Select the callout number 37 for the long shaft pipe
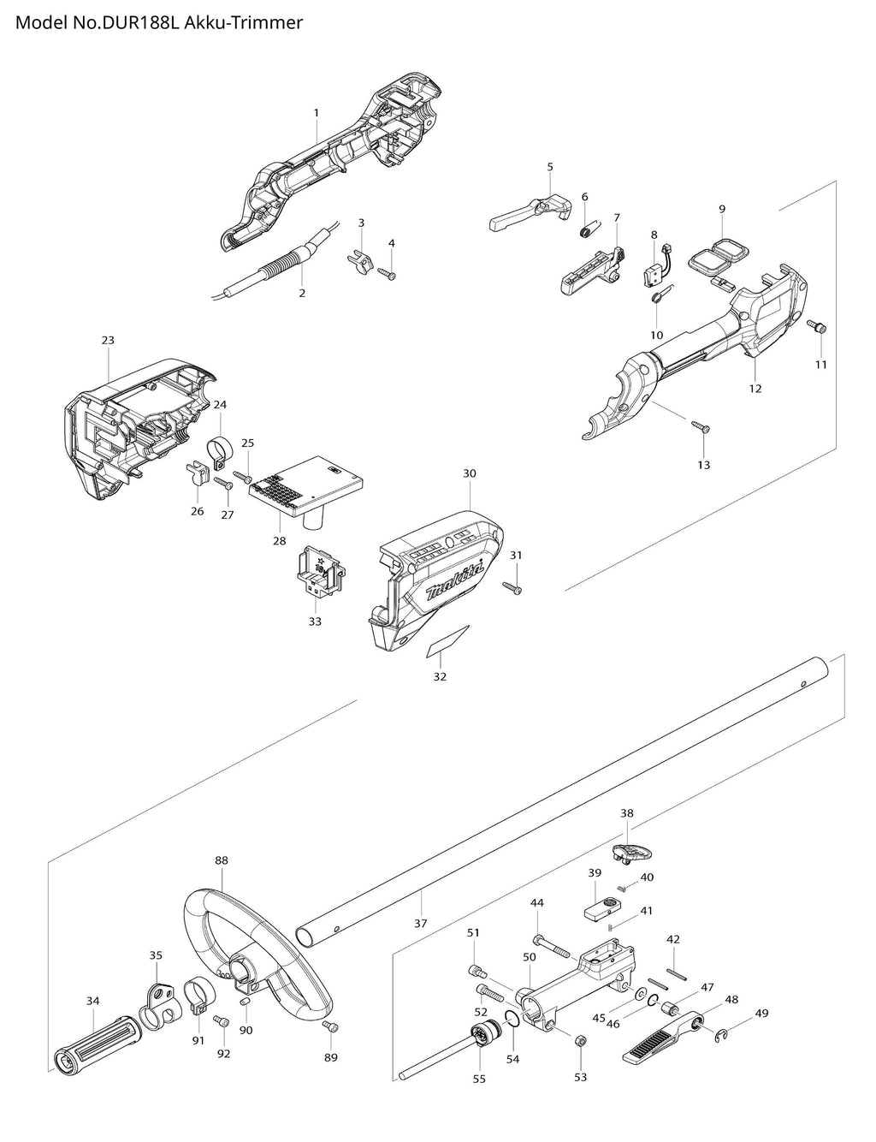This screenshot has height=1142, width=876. [420, 923]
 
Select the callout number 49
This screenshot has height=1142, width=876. [761, 1014]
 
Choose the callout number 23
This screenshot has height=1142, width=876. [108, 340]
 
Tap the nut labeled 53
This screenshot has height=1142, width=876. [579, 1041]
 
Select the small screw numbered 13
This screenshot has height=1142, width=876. [700, 426]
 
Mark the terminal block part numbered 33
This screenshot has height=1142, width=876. [318, 571]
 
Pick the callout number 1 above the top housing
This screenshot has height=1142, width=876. [317, 112]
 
